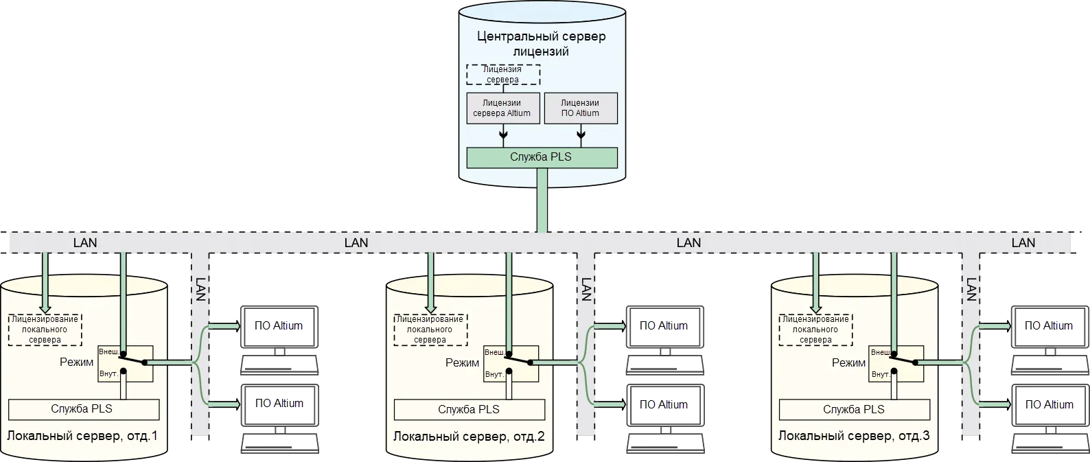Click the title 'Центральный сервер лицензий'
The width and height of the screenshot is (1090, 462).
[542, 43]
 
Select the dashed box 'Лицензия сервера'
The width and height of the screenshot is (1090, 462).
[503, 74]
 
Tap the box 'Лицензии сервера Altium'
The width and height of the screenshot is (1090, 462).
[502, 108]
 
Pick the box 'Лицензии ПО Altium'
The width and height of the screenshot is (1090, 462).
[580, 108]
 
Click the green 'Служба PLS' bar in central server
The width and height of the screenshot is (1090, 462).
[541, 157]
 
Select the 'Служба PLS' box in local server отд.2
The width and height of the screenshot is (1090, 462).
[469, 409]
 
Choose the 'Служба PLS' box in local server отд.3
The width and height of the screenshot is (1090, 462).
[854, 409]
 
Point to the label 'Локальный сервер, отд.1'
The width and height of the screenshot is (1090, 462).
[82, 436]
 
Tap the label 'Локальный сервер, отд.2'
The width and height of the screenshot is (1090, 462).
[468, 436]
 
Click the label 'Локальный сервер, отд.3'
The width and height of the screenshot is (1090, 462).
[854, 436]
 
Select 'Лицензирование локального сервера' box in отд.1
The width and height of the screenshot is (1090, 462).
[45, 330]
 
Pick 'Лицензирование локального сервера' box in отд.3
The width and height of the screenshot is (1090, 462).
[816, 330]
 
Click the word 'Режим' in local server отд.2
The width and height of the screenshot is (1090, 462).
[462, 363]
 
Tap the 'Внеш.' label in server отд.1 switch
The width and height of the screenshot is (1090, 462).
[108, 351]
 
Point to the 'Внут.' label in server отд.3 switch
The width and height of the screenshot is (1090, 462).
[880, 375]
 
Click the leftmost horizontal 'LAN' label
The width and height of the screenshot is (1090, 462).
[85, 242]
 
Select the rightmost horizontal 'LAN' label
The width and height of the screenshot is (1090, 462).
[1023, 242]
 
